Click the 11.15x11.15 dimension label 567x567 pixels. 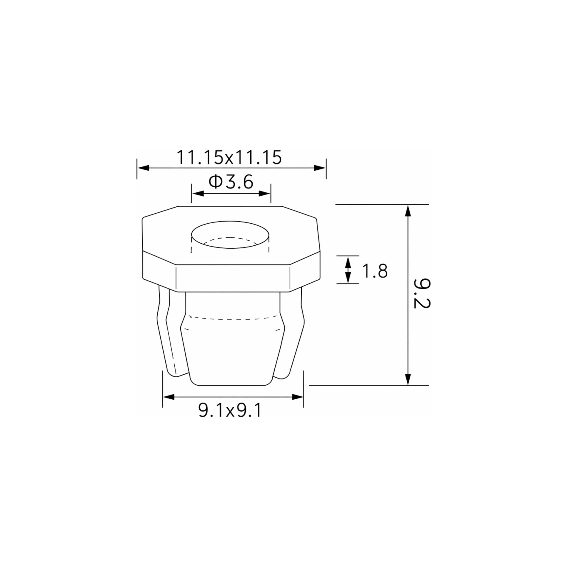click(229, 158)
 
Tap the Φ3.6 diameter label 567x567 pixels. click(231, 182)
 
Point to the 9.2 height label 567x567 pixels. click(422, 293)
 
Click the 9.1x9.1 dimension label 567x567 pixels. click(230, 410)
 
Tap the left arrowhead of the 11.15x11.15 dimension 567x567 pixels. click(143, 168)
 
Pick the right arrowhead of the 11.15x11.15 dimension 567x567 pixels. click(320, 168)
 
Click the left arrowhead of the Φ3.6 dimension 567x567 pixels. click(198, 193)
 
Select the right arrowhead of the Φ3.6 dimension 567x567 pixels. click(264, 193)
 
